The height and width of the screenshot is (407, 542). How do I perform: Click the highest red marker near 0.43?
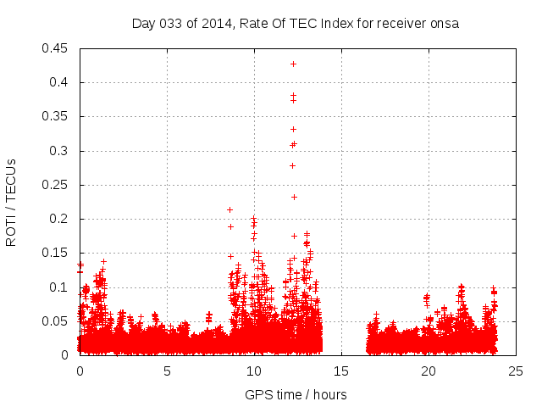(294, 64)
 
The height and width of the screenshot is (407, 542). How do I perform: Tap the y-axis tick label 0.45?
(56, 48)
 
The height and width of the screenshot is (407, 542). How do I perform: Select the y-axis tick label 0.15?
(56, 253)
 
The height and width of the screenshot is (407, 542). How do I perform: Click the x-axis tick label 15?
(342, 371)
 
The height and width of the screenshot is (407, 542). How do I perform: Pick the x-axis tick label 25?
(517, 371)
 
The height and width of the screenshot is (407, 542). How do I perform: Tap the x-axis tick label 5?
(167, 371)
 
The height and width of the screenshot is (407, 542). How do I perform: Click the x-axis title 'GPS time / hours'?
(296, 394)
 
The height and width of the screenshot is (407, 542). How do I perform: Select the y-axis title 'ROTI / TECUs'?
(11, 202)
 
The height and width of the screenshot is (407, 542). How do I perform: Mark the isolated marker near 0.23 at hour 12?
(294, 197)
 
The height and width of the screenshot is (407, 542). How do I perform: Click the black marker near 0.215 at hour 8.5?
(230, 209)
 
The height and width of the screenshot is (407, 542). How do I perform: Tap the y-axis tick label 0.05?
(56, 321)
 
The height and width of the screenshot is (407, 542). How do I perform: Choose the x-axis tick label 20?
(429, 371)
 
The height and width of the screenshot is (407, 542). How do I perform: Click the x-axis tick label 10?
(255, 371)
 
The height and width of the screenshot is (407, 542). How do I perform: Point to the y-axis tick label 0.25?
(56, 185)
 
